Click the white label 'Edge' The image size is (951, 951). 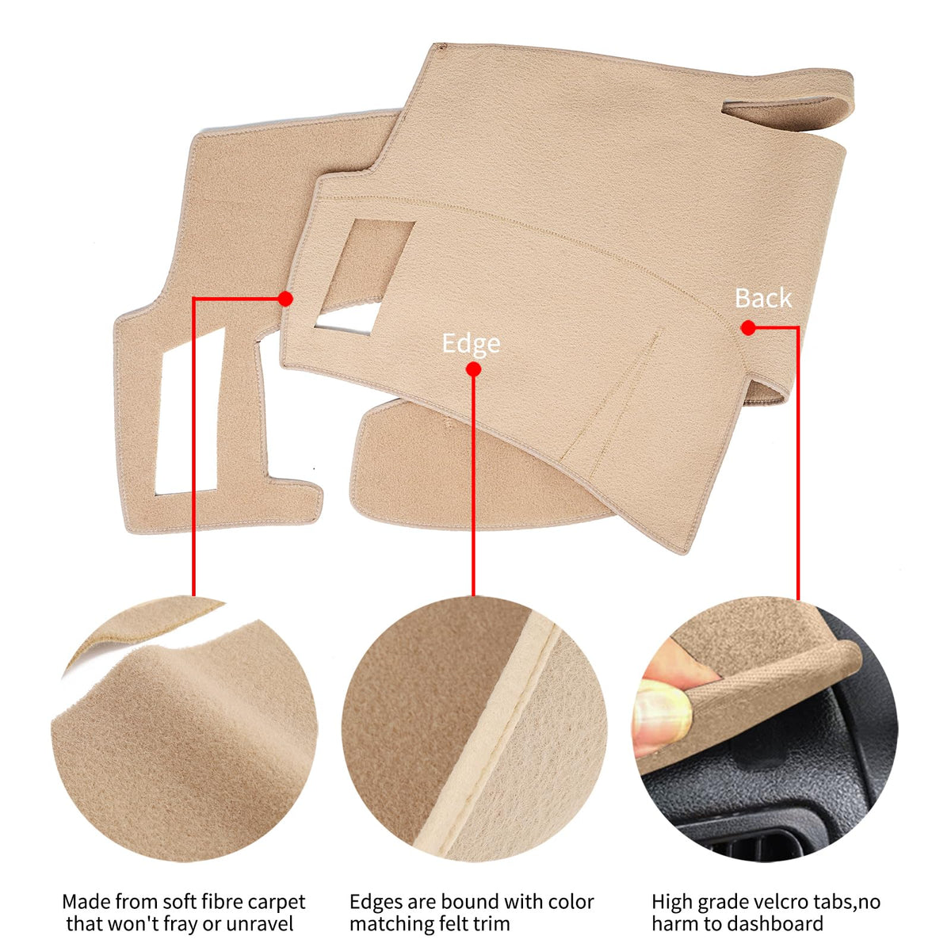coord(470,343)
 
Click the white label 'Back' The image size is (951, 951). coord(763,298)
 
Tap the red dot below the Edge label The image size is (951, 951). coord(473,369)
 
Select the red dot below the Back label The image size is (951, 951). coord(748,327)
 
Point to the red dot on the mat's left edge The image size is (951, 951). coord(285,299)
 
